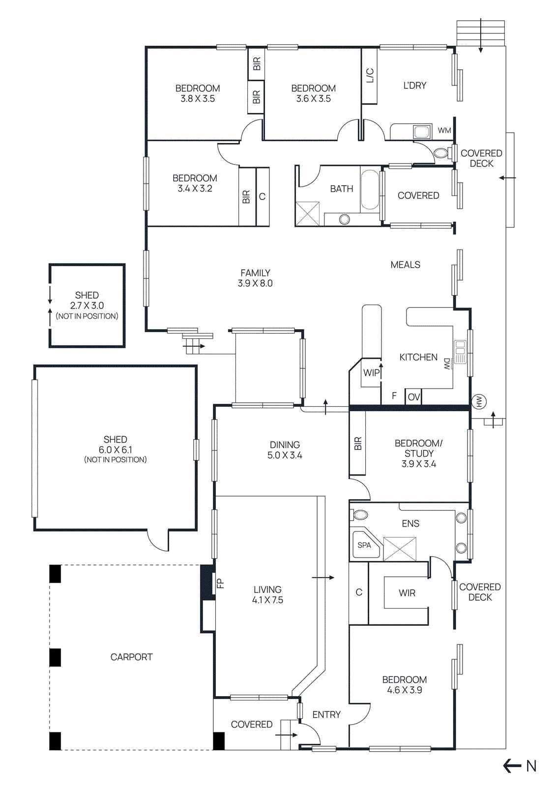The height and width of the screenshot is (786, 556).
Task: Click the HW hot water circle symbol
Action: click(479, 401)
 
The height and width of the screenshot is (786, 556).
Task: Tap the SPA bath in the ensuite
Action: click(364, 545)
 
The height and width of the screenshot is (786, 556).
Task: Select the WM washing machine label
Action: click(444, 131)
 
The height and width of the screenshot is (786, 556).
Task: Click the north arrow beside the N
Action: click(512, 765)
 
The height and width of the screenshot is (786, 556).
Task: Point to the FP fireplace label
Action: click(220, 583)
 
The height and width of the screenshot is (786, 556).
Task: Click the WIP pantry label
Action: click(371, 373)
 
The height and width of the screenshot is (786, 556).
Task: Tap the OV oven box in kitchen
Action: click(413, 396)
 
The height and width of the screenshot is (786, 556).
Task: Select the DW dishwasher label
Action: click(447, 364)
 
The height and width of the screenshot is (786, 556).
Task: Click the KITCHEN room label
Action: click(418, 357)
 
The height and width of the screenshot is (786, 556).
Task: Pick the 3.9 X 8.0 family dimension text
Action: click(255, 283)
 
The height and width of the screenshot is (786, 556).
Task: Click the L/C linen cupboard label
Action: click(370, 75)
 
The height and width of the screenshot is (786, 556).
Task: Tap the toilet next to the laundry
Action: click(441, 153)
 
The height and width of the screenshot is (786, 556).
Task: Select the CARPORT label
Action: click(131, 657)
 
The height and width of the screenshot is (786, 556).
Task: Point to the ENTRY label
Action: click(326, 715)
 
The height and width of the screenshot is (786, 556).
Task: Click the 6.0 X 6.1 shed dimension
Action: click(115, 450)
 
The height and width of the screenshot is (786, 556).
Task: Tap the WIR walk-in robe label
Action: click(407, 593)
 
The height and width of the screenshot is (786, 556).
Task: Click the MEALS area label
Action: click(405, 265)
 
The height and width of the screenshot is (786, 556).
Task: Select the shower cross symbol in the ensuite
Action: click(400, 549)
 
